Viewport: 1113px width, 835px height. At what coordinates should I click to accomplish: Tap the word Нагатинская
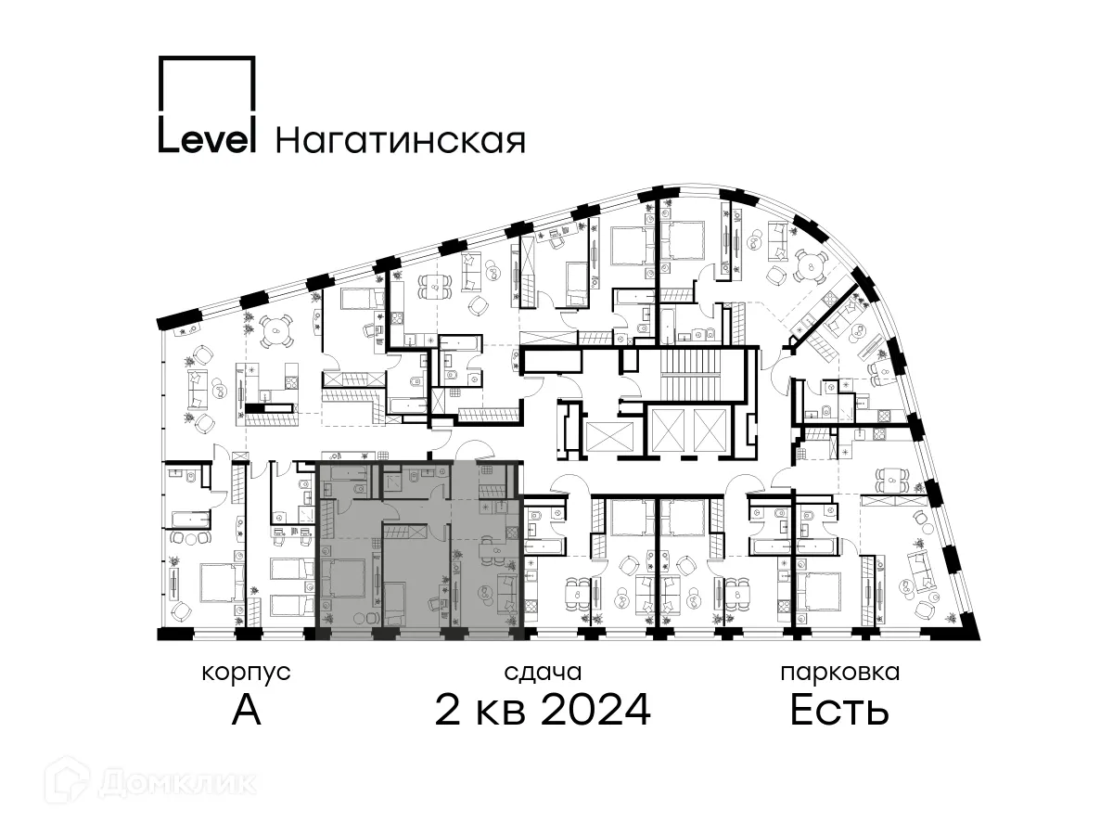pos(400,140)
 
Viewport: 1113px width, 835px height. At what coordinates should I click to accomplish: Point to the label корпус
pos(246,673)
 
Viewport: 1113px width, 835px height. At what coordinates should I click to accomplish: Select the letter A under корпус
pos(247,710)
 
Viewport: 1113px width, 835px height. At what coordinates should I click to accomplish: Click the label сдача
pos(543,673)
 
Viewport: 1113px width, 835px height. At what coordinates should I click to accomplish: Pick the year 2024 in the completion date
pos(595,709)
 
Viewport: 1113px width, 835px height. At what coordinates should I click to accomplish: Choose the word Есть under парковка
pos(839,709)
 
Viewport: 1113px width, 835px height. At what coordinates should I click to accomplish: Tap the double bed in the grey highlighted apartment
pos(343,578)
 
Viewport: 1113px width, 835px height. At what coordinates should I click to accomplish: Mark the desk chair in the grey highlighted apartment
pos(436,604)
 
